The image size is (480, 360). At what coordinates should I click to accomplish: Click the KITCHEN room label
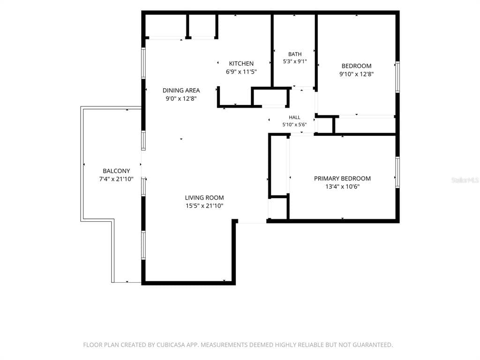pyautogui.click(x=241, y=63)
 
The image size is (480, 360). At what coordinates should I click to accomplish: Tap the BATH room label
pyautogui.click(x=295, y=54)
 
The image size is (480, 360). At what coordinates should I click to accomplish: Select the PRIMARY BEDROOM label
pyautogui.click(x=342, y=179)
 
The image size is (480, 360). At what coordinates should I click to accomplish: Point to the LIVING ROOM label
pyautogui.click(x=204, y=198)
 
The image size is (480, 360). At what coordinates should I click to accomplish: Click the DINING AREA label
pyautogui.click(x=181, y=90)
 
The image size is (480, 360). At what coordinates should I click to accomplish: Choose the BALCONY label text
pyautogui.click(x=116, y=171)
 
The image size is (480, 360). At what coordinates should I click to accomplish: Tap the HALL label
pyautogui.click(x=294, y=117)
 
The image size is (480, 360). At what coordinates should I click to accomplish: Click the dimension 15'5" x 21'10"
pyautogui.click(x=204, y=206)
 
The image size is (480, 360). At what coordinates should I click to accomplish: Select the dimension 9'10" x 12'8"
pyautogui.click(x=356, y=74)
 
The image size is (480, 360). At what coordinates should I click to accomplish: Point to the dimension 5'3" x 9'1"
pyautogui.click(x=295, y=61)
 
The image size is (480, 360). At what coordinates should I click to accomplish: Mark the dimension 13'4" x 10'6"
pyautogui.click(x=342, y=187)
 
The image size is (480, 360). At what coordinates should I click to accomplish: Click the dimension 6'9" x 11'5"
pyautogui.click(x=241, y=72)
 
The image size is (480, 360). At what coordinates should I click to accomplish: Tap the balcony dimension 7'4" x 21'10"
pyautogui.click(x=116, y=179)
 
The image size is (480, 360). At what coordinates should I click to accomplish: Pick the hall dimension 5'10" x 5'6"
pyautogui.click(x=294, y=125)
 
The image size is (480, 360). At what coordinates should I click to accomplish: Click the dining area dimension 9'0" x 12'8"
pyautogui.click(x=181, y=98)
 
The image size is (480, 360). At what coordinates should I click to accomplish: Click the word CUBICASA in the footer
pyautogui.click(x=171, y=345)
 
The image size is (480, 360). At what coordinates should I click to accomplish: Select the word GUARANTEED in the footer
pyautogui.click(x=373, y=345)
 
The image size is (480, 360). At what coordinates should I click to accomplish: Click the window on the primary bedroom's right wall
pyautogui.click(x=397, y=172)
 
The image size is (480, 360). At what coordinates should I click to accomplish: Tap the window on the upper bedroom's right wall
pyautogui.click(x=397, y=77)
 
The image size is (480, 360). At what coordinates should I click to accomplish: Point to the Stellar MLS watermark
pyautogui.click(x=465, y=180)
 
